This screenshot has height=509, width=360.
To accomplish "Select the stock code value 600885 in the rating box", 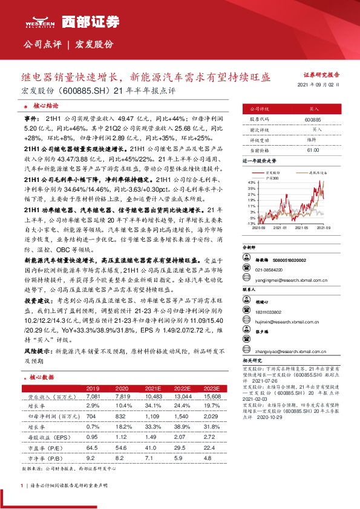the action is tap(314, 120).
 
